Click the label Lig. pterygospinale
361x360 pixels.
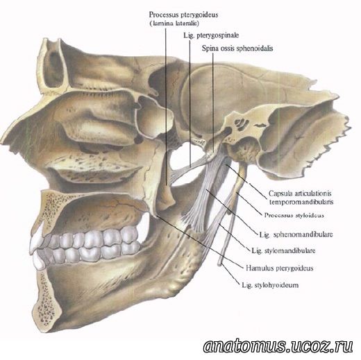tap(211, 35)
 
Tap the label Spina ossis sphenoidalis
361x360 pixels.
tap(237, 49)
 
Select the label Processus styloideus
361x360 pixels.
tap(294, 215)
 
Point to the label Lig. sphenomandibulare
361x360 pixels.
tap(296, 234)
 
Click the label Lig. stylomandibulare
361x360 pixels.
tap(283, 250)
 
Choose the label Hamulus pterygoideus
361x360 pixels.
tap(280, 268)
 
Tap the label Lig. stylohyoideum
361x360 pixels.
tap(270, 285)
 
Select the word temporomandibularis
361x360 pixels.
tap(301, 202)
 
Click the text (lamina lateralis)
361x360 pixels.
tap(174, 24)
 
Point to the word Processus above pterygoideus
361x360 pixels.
tap(161, 15)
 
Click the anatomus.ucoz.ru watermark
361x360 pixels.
tap(278, 346)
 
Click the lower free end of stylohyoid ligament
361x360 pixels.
tap(220, 264)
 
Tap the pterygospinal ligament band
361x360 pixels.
tap(187, 167)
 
